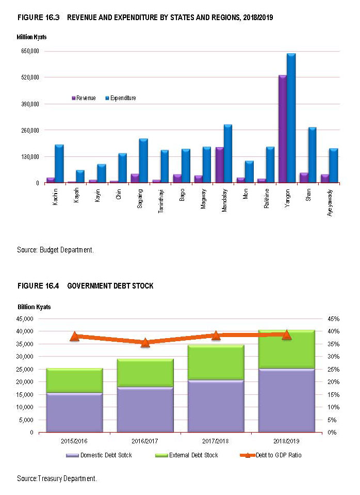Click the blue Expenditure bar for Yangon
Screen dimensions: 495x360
pyautogui.click(x=291, y=118)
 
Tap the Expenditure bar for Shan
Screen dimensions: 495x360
pyautogui.click(x=312, y=155)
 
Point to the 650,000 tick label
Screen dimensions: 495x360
pyautogui.click(x=29, y=51)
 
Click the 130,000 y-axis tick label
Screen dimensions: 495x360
pyautogui.click(x=29, y=156)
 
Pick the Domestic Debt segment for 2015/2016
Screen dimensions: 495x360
pyautogui.click(x=75, y=413)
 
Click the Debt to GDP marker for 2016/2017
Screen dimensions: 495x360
pyautogui.click(x=145, y=342)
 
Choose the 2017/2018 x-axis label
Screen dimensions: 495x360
pyautogui.click(x=216, y=442)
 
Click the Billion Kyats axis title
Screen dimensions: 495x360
pyautogui.click(x=34, y=307)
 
